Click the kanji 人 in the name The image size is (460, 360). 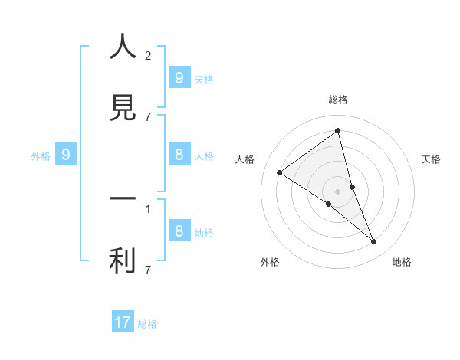click(123, 47)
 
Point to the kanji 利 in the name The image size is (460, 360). click(123, 261)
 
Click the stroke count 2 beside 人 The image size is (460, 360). click(148, 55)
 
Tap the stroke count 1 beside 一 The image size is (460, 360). click(148, 208)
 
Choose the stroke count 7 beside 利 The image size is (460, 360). click(148, 270)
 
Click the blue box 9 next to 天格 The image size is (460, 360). click(179, 77)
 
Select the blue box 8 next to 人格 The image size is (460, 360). click(179, 155)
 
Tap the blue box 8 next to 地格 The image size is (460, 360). click(179, 231)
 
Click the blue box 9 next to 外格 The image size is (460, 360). click(66, 155)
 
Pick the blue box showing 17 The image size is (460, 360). click(123, 322)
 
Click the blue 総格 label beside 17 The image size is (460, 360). click(147, 324)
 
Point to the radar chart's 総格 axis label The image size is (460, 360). click(338, 100)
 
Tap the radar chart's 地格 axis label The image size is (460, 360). click(402, 262)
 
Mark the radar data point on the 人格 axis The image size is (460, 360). click(279, 172)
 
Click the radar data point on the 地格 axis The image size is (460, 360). click(374, 242)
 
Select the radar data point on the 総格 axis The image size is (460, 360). click(338, 131)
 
